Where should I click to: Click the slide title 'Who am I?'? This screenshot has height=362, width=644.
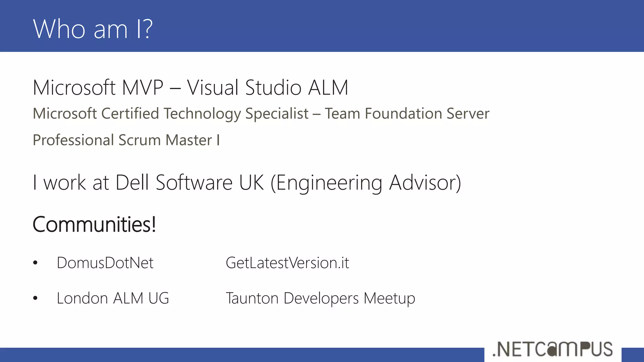pyautogui.click(x=93, y=29)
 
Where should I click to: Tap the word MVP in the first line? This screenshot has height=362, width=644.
pyautogui.click(x=142, y=87)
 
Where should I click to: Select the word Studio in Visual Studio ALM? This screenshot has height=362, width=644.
pyautogui.click(x=273, y=87)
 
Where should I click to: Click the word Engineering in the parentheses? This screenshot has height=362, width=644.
pyautogui.click(x=329, y=183)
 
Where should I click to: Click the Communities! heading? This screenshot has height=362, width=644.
pyautogui.click(x=94, y=224)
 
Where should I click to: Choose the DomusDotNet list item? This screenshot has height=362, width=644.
pyautogui.click(x=105, y=263)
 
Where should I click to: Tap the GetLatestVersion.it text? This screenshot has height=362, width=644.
pyautogui.click(x=287, y=263)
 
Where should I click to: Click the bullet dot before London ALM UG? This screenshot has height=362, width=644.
pyautogui.click(x=35, y=298)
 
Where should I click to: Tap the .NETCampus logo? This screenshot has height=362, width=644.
pyautogui.click(x=552, y=349)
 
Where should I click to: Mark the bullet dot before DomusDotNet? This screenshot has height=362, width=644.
pyautogui.click(x=35, y=263)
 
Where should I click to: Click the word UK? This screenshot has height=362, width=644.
pyautogui.click(x=251, y=182)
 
